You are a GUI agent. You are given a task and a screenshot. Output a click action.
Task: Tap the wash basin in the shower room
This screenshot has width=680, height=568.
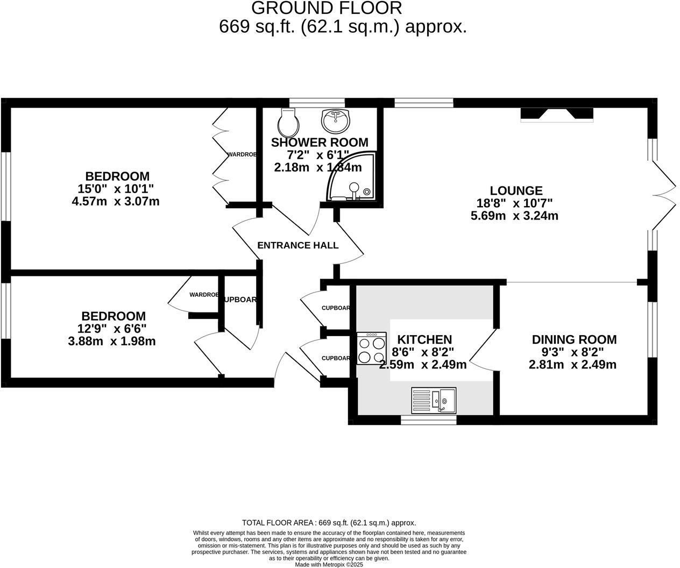336,120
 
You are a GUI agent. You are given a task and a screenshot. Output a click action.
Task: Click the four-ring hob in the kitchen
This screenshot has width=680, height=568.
372,349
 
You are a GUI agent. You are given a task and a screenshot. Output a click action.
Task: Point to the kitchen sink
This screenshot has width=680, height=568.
434,400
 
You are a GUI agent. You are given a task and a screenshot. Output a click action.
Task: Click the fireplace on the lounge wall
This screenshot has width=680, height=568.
557,115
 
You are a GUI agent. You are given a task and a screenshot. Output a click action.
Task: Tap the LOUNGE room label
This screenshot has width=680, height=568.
516,190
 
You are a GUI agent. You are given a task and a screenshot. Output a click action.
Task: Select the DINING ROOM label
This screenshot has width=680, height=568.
574,339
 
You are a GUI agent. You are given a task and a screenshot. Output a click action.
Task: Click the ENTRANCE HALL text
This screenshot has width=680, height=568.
297,245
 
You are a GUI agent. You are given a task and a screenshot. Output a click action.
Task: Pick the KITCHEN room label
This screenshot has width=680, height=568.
424,339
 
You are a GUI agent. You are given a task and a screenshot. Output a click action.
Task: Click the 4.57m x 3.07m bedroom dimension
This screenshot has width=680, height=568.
116,202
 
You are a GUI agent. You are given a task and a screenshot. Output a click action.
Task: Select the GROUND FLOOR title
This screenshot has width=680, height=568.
327,8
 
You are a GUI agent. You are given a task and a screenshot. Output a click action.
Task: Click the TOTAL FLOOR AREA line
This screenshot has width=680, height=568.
329,522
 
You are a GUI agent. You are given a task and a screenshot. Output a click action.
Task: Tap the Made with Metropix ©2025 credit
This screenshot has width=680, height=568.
329,564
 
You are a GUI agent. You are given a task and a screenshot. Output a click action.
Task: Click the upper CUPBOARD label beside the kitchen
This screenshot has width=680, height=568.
336,308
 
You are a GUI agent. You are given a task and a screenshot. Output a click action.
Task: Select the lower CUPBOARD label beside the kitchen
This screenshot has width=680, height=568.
336,358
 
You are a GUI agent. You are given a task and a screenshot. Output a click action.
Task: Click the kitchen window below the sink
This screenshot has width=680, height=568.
429,420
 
